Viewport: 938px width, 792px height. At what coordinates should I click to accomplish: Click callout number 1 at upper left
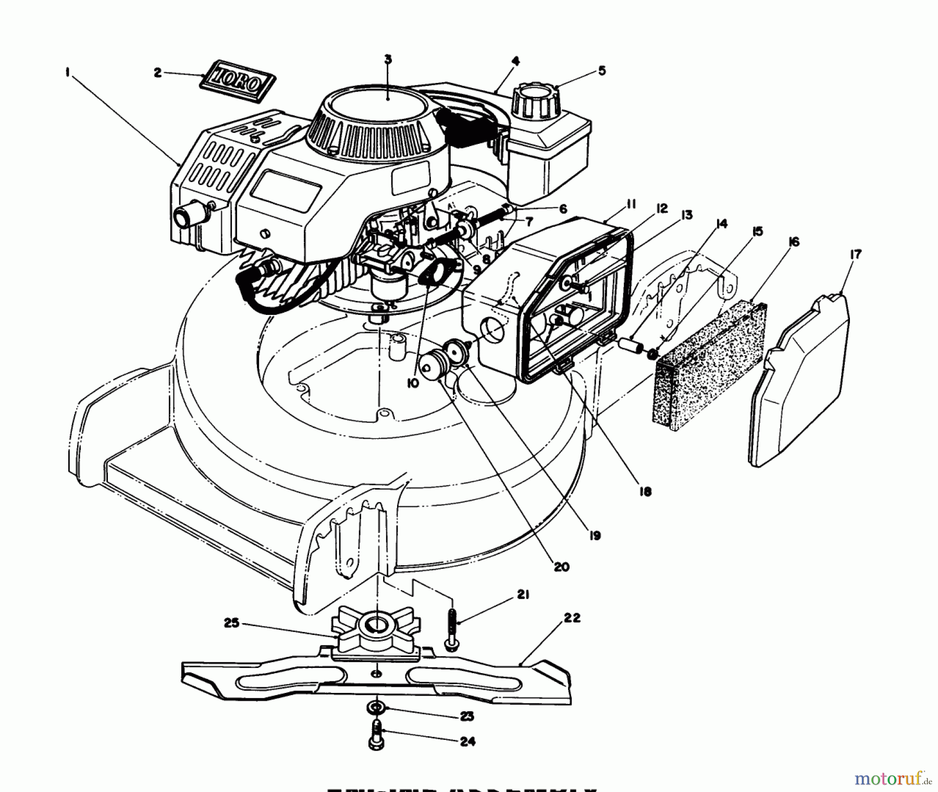[68, 73]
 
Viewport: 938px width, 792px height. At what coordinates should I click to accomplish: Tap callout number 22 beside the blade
[572, 618]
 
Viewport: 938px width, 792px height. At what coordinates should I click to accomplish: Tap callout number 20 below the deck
[562, 567]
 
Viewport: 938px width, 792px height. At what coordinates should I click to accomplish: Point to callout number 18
[645, 491]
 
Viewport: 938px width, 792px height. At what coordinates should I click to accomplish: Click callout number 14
[721, 224]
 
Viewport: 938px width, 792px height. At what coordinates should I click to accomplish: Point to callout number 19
[594, 535]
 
